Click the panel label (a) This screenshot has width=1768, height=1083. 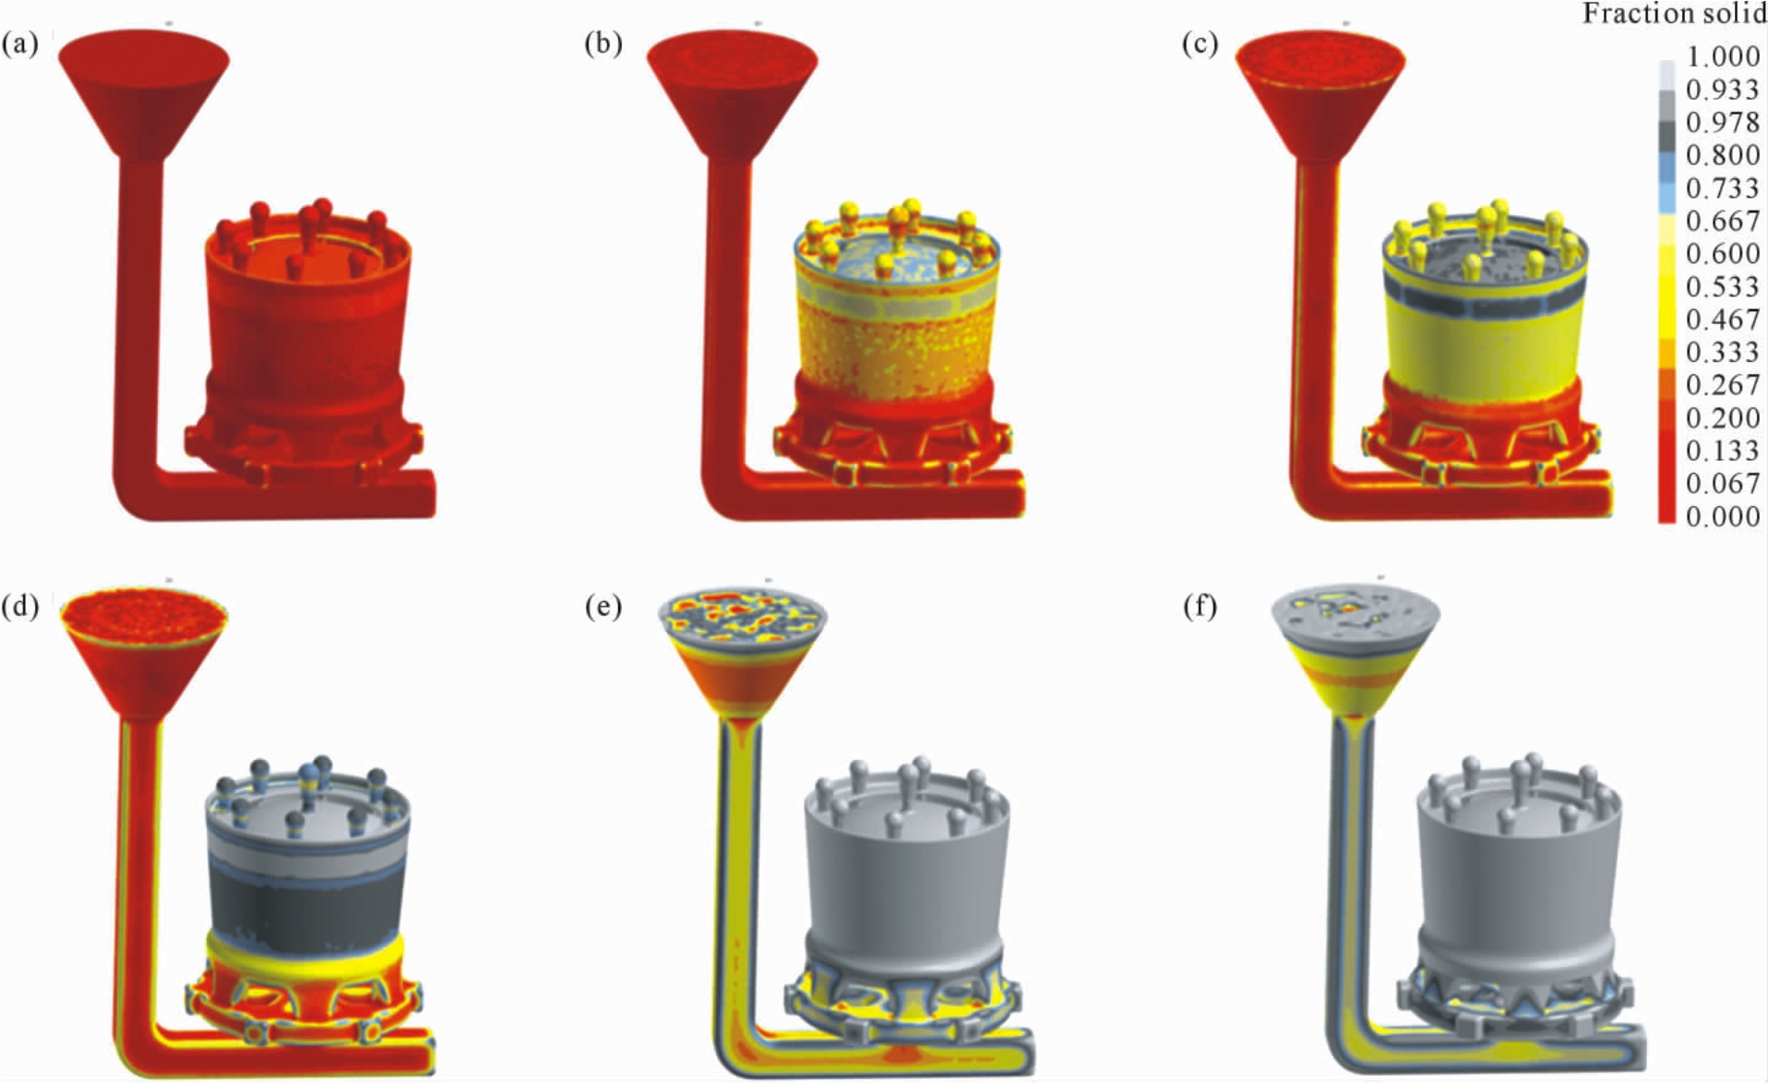pos(20,44)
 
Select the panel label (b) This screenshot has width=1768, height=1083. pos(603,44)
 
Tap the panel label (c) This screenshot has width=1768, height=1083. pos(1200,44)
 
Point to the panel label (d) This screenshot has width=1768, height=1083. pos(20,607)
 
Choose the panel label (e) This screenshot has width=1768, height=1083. pos(603,607)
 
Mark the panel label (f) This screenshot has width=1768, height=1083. pos(1200,607)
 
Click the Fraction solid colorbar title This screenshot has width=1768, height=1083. pos(1674,14)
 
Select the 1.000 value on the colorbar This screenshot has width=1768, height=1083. pos(1722,56)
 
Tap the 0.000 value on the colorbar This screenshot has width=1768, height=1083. pos(1722,516)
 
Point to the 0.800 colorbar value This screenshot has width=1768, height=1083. pos(1722,155)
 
